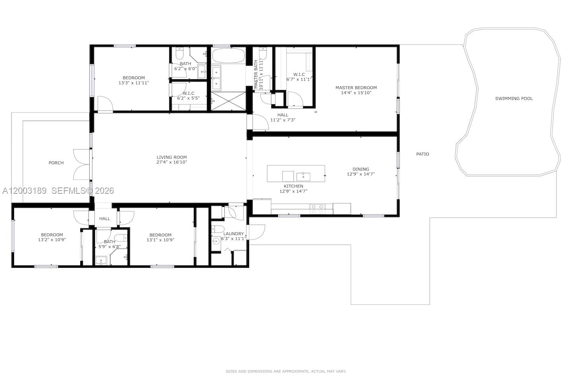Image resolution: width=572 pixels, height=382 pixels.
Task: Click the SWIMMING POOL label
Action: pos(514,98)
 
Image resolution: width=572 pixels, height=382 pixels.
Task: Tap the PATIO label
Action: pos(422,154)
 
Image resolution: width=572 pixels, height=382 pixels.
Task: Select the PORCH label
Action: pos(56,163)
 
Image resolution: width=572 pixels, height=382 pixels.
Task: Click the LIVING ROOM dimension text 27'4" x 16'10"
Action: pos(172,162)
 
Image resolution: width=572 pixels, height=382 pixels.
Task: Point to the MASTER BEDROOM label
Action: pos(356,88)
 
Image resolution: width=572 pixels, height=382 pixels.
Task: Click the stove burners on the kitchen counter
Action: pos(317,209)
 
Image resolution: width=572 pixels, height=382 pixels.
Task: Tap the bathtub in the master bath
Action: pos(228,56)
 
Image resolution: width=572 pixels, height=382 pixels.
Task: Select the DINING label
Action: pos(361,169)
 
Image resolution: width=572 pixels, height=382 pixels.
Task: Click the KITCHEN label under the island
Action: pos(293,186)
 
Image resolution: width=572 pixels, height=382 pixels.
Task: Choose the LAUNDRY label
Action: pos(233,234)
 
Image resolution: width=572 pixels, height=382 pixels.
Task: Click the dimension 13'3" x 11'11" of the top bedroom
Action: pos(133,83)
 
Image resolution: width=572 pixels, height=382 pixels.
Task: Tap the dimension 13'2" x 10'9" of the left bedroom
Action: pos(52,240)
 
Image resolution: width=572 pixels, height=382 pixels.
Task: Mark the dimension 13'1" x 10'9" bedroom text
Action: pos(160,240)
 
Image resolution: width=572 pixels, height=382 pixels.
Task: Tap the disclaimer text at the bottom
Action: pos(286,371)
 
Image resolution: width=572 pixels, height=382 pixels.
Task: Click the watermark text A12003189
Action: pos(24,191)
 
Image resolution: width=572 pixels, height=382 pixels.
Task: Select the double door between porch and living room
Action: pos(83,164)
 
